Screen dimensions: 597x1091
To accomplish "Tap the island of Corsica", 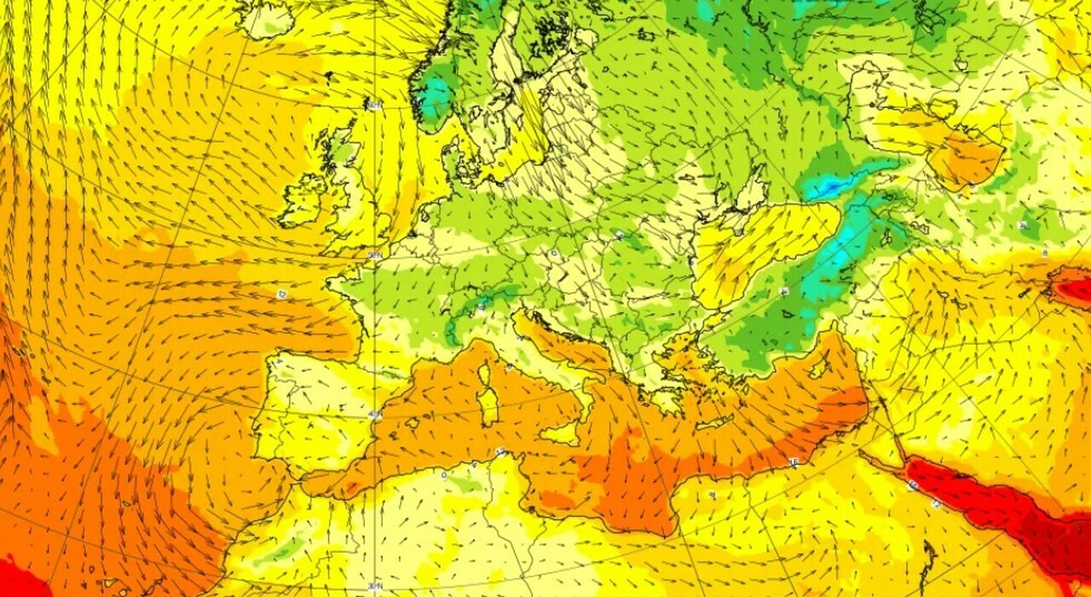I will [x=486, y=373].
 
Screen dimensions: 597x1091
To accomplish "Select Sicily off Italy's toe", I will [x=563, y=433].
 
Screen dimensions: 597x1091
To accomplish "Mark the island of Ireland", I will [x=305, y=198].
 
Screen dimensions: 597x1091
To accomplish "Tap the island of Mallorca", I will [x=413, y=422].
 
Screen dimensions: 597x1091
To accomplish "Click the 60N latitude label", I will [x=374, y=105].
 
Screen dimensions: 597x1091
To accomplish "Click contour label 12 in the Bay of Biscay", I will [x=281, y=294].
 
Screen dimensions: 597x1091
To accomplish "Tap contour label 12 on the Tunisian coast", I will [x=501, y=451].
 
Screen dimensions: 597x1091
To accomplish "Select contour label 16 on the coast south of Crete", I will [x=794, y=462].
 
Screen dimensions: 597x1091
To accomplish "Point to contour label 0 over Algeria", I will [x=443, y=475].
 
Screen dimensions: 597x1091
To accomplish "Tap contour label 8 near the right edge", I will [x=1045, y=253].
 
